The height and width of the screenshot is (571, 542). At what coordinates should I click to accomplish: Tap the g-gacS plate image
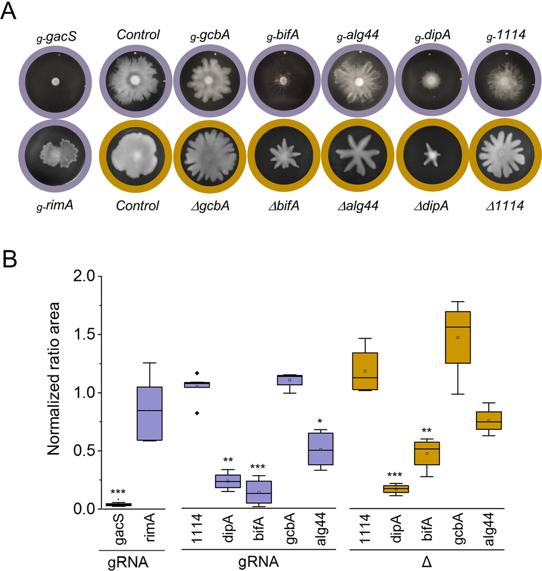[x=54, y=83]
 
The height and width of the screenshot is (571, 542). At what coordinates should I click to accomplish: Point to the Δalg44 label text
[x=358, y=206]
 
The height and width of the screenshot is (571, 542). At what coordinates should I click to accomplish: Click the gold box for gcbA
[x=458, y=337]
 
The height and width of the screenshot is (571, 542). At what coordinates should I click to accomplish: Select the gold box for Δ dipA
[x=396, y=489]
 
